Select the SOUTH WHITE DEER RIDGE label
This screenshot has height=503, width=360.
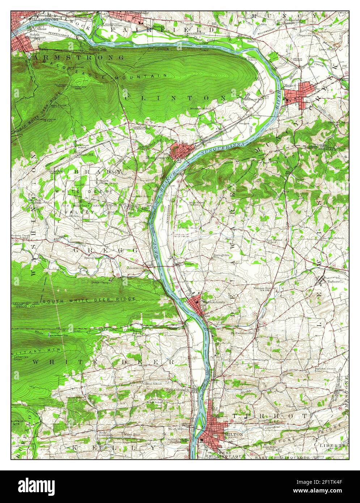[x=89, y=300]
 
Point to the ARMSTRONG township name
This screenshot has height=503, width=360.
[x=78, y=58]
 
